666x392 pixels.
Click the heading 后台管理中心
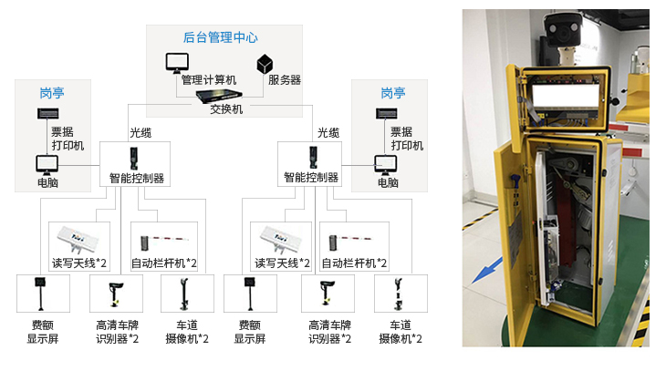220,38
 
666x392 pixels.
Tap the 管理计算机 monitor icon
177,63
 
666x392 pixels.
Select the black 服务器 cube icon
265,64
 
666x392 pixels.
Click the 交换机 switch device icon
220,94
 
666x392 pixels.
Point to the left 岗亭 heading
51,93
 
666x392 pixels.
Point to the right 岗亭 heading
392,93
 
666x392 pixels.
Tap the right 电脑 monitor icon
386,165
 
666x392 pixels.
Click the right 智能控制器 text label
311,178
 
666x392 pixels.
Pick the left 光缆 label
140,132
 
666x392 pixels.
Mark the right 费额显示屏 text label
249,332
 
